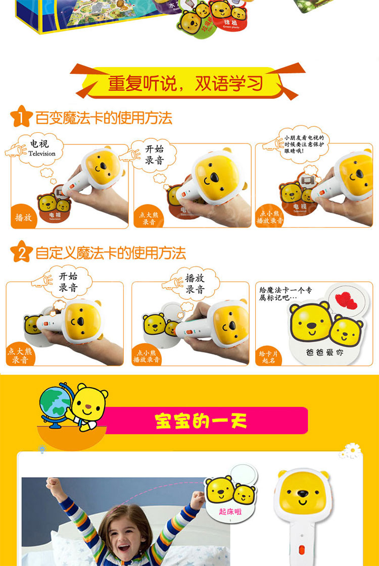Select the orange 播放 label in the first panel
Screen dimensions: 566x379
[x=23, y=218]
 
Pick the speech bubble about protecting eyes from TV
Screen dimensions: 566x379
[x=303, y=143]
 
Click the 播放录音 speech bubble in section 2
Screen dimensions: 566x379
[x=195, y=284]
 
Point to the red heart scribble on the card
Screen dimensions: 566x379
[x=346, y=299]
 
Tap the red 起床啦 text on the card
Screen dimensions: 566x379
[x=230, y=511]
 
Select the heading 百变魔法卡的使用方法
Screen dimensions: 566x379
[x=104, y=118]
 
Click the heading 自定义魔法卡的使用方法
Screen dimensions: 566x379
[x=111, y=253]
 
